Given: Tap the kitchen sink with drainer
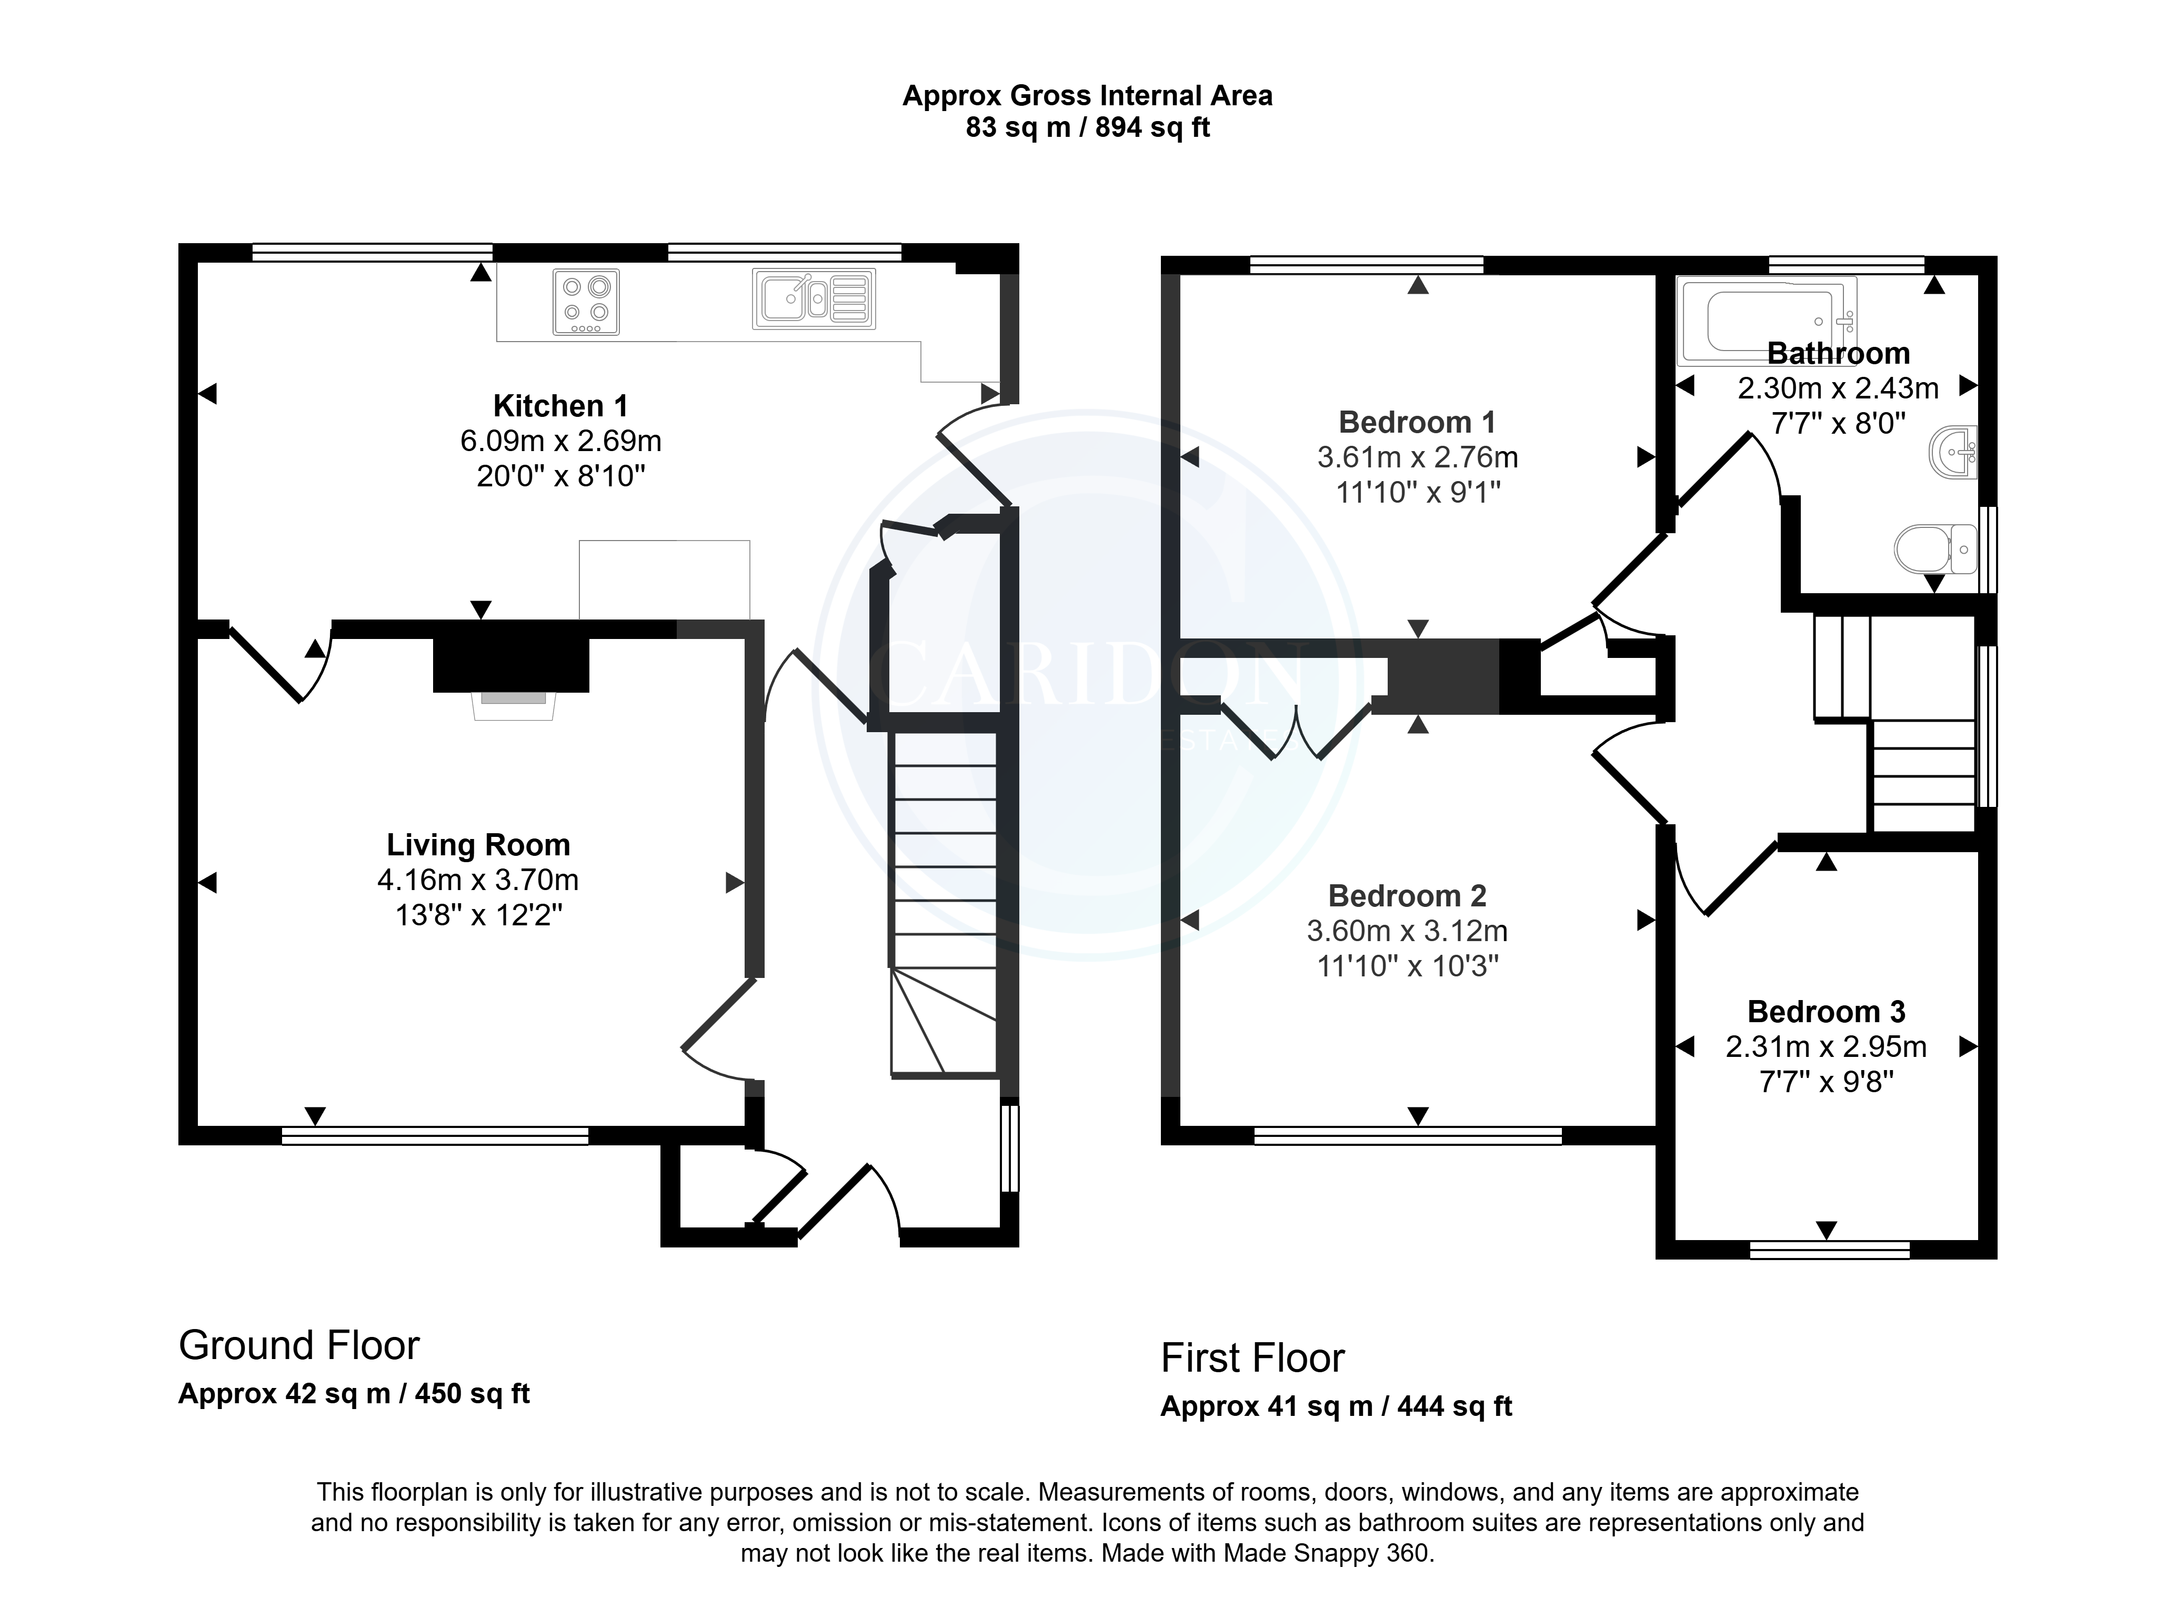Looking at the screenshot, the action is [814, 299].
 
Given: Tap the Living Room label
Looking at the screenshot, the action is [478, 845].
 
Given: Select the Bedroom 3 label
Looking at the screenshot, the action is [1826, 1011].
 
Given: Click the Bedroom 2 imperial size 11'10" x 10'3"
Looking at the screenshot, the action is [1407, 965].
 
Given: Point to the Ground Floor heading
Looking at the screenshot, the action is [299, 1345].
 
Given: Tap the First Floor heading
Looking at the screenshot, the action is [1252, 1358].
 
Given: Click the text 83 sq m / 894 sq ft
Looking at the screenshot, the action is [1087, 127].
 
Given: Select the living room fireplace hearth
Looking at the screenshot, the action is [514, 706].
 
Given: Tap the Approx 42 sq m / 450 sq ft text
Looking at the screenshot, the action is [354, 1394].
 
